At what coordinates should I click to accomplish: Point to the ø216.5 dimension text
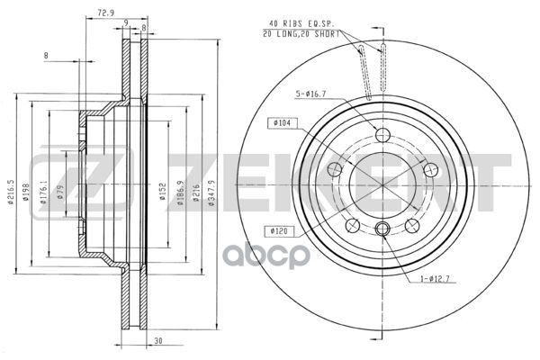[11, 193]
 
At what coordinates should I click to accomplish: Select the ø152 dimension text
[163, 193]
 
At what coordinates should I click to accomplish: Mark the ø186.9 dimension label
[183, 193]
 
